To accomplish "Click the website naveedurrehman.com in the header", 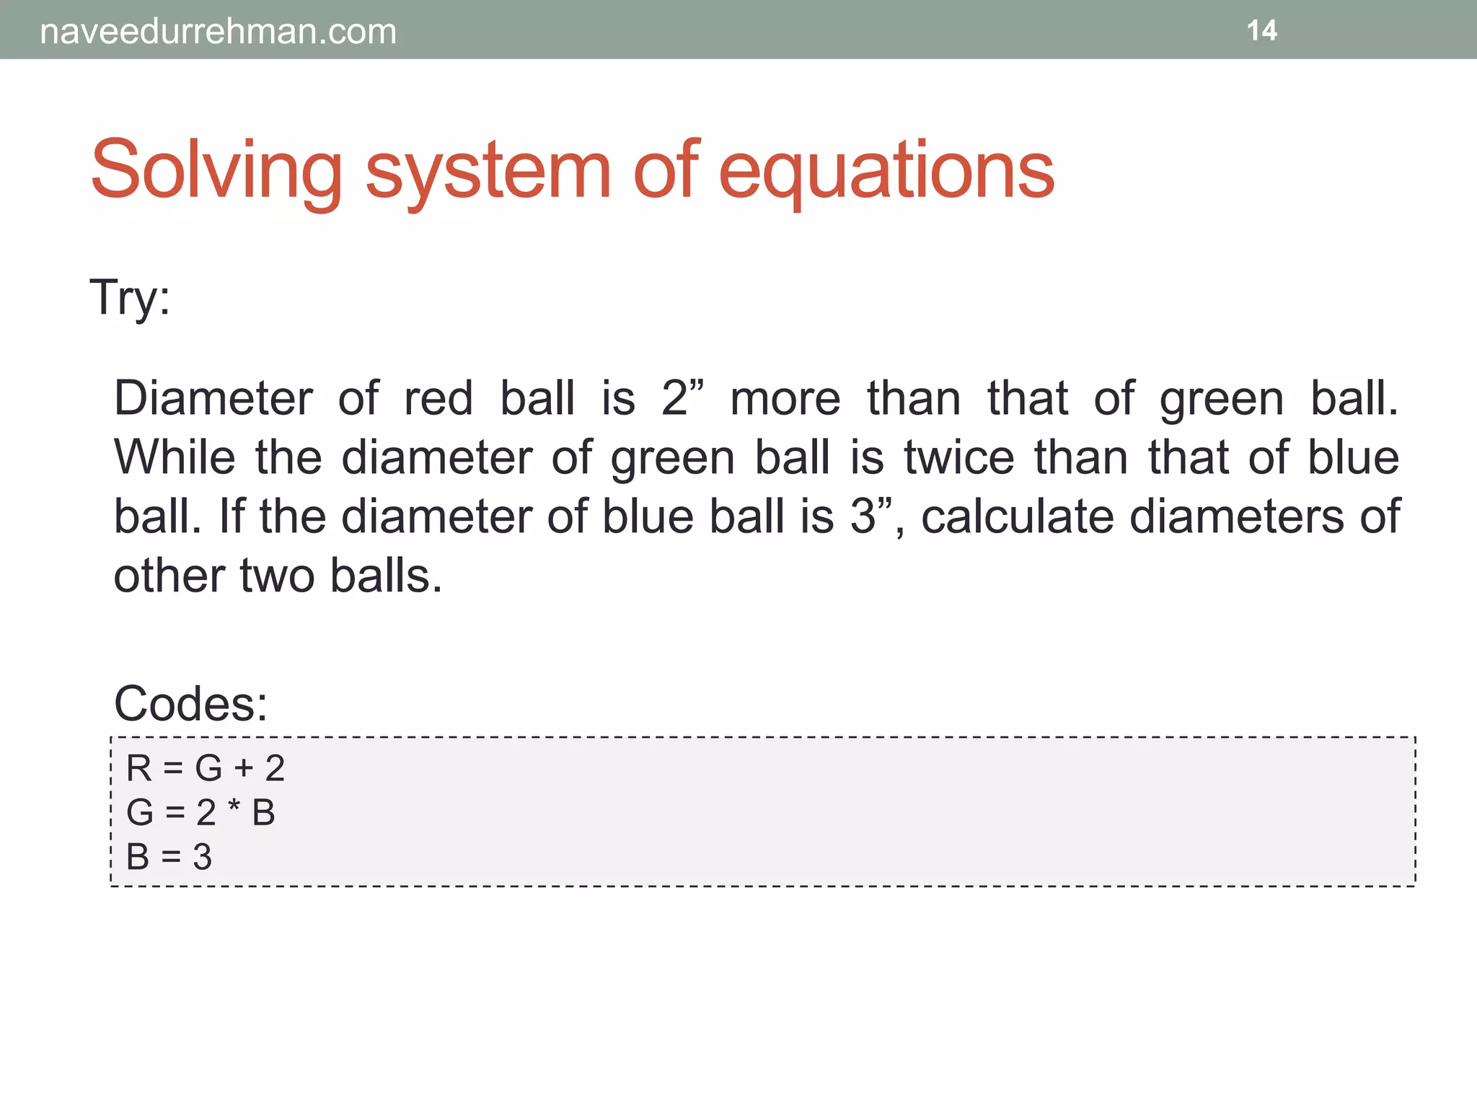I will pos(218,32).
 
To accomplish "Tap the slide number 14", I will pos(1261,31).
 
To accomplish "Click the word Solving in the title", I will pos(216,171).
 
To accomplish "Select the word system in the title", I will pos(488,171).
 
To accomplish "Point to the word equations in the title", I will pos(886,171).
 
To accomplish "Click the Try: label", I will pos(130,298).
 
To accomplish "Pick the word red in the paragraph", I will pos(438,399).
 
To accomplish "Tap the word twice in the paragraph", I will pos(958,458).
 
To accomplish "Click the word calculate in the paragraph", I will pos(1017,517).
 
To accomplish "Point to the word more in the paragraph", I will pos(785,399).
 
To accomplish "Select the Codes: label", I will pos(190,703).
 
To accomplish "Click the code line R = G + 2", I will pos(205,768).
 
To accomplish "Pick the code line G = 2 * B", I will pos(200,813).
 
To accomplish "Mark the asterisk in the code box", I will pos(234,806).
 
